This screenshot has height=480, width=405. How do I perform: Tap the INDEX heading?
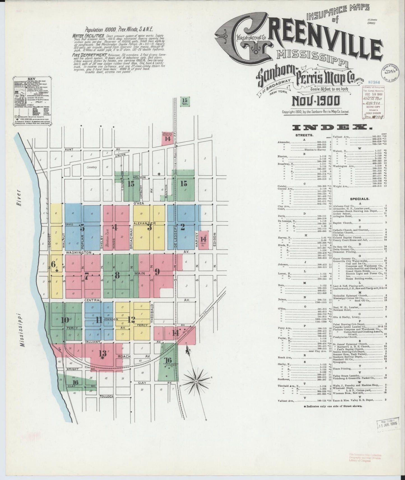pos(332,128)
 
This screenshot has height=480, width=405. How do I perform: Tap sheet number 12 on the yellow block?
pos(131,320)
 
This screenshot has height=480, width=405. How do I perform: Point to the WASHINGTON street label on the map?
pos(78,253)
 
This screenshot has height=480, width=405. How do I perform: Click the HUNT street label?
pos(69,150)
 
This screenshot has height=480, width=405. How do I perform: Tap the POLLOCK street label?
pos(107,396)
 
